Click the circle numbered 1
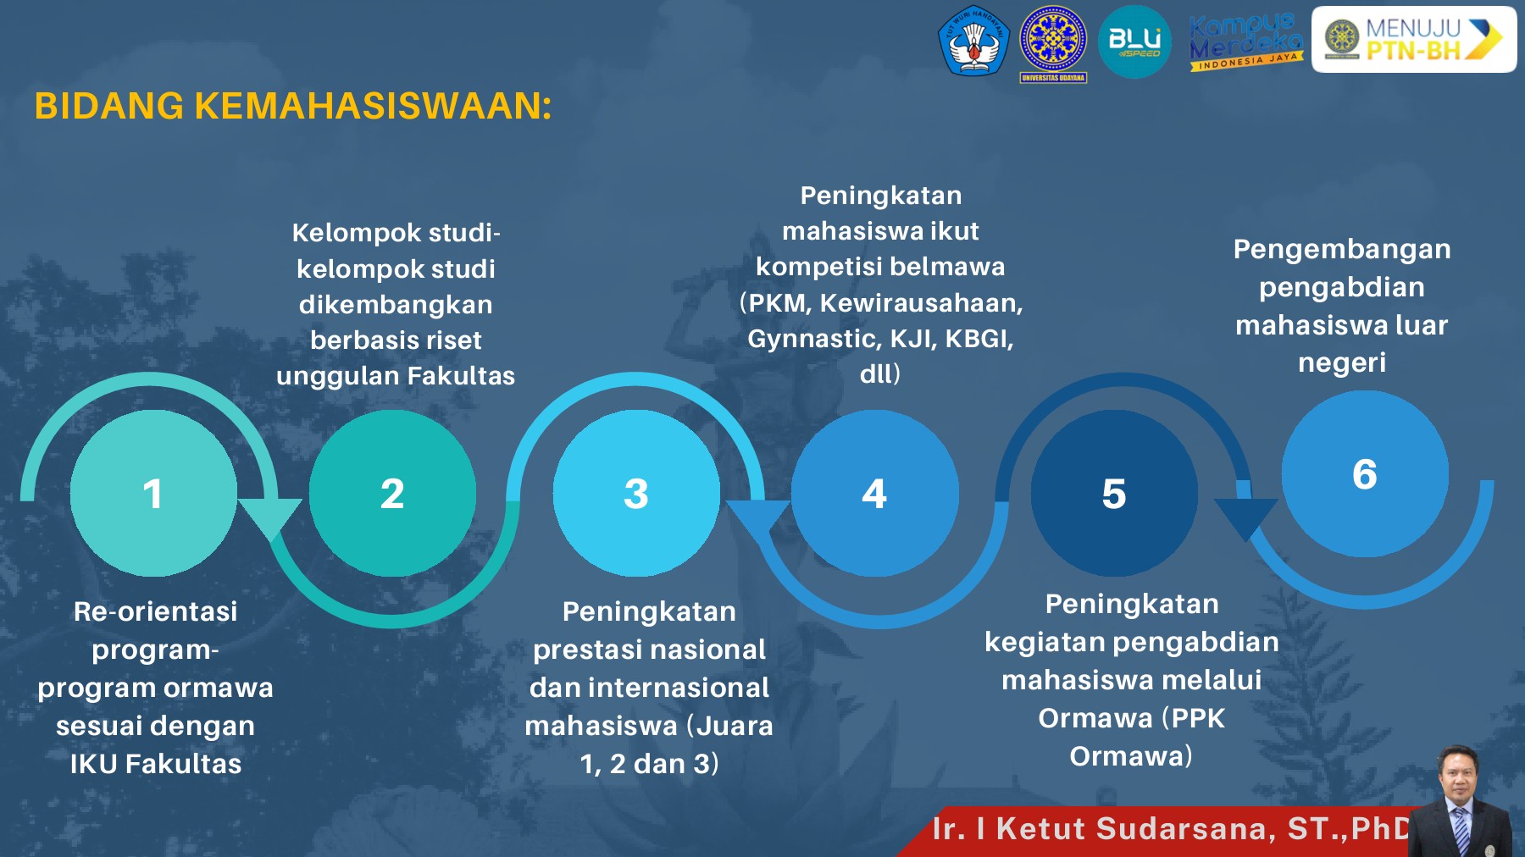152,493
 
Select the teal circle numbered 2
392,493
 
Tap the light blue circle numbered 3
636,493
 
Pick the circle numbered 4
874,493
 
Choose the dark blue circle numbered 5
1114,493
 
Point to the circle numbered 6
1364,473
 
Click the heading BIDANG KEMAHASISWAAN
292,107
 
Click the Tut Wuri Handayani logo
973,40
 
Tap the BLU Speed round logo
1134,41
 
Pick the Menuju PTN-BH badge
1413,40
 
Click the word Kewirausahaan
921,302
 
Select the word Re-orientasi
155,611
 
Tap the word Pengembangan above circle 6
1341,249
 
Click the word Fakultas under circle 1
183,764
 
